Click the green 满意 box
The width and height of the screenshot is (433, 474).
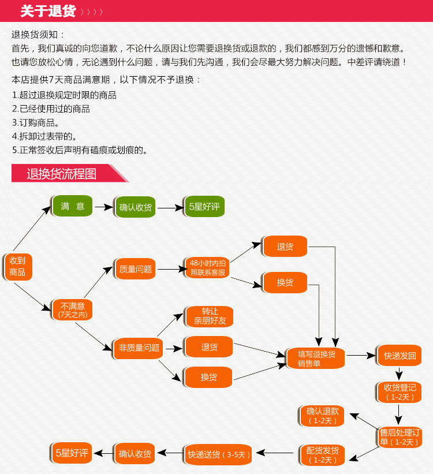73,206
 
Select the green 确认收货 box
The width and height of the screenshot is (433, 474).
135,207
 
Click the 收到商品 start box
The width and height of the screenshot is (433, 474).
17,266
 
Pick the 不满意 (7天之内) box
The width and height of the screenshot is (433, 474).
72,310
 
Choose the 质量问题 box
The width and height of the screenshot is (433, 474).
135,269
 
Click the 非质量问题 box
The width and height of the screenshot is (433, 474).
139,348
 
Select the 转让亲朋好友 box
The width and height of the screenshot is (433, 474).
210,316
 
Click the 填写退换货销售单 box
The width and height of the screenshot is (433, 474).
316,358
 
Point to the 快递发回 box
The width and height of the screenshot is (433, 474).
400,356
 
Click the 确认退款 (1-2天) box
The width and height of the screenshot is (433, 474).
323,415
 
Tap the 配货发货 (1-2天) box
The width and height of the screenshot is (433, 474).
323,455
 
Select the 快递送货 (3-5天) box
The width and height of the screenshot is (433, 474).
219,454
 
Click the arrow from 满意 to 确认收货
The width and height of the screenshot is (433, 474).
103,207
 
